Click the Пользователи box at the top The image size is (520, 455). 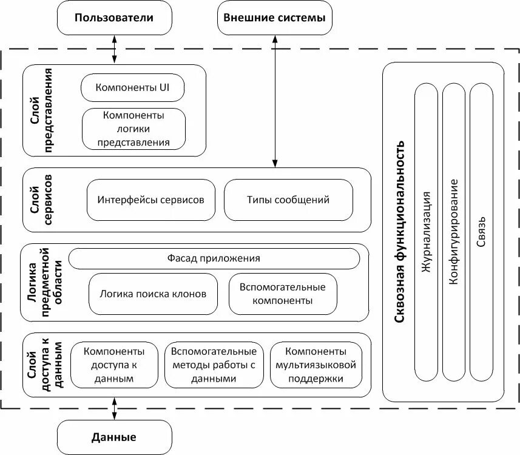(x=114, y=18)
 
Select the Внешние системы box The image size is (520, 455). (x=274, y=18)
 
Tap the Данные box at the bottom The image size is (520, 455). (x=114, y=437)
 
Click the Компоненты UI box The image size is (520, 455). (x=132, y=88)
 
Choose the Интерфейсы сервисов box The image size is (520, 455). (x=151, y=200)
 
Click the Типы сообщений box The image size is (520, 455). (x=288, y=200)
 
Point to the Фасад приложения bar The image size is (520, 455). (x=214, y=258)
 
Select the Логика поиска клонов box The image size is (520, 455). (x=152, y=294)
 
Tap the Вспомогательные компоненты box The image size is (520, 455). (x=283, y=294)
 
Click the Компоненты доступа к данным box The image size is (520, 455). (x=114, y=365)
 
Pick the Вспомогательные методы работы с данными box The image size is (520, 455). (x=214, y=365)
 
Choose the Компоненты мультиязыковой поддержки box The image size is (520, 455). (x=316, y=365)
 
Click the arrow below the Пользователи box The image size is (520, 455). (x=114, y=49)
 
